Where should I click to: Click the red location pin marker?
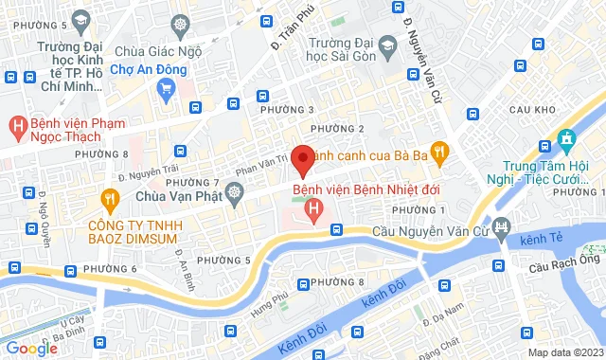(x=302, y=160)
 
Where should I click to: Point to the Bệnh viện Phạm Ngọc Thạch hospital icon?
(x=16, y=124)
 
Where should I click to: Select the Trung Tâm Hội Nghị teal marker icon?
(x=566, y=139)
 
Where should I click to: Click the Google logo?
(x=32, y=348)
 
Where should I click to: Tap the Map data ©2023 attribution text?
(x=564, y=352)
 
